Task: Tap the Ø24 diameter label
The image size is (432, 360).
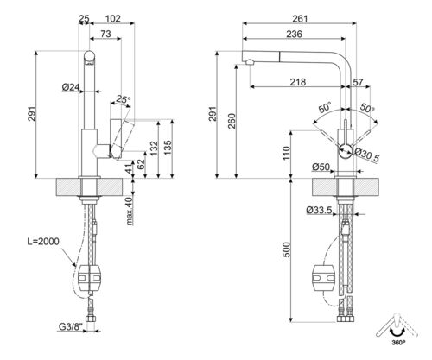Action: pyautogui.click(x=72, y=87)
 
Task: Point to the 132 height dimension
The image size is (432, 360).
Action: pyautogui.click(x=153, y=148)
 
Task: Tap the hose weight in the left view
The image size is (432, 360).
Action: pyautogui.click(x=91, y=277)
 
